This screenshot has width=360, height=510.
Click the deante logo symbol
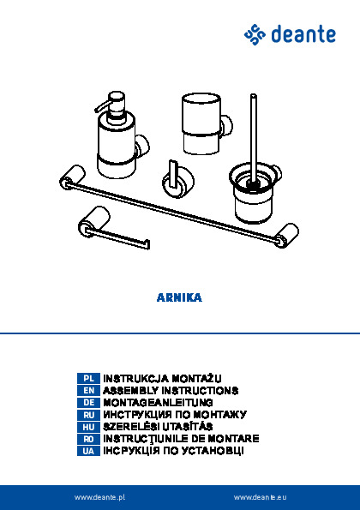(x=255, y=34)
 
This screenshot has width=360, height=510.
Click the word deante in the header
(x=303, y=34)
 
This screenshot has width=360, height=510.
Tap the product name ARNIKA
(x=179, y=297)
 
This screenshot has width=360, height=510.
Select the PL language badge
(x=88, y=378)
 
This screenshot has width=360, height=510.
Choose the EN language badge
(x=88, y=390)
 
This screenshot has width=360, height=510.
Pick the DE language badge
(x=88, y=403)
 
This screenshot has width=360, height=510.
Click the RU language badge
(x=88, y=415)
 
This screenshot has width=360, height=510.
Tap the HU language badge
(x=88, y=427)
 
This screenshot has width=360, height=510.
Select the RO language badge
(x=88, y=439)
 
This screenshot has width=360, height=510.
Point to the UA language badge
(x=88, y=451)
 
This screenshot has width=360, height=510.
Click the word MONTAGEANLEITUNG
(x=158, y=403)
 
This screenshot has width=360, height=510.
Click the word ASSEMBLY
(x=131, y=390)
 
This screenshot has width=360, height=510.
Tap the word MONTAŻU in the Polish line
(x=196, y=379)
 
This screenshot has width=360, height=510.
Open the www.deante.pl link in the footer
(x=99, y=497)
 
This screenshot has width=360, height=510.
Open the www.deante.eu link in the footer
(x=261, y=497)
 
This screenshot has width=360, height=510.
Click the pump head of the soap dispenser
(x=111, y=103)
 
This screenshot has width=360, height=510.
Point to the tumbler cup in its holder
(x=201, y=123)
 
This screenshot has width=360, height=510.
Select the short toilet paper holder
(x=107, y=227)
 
